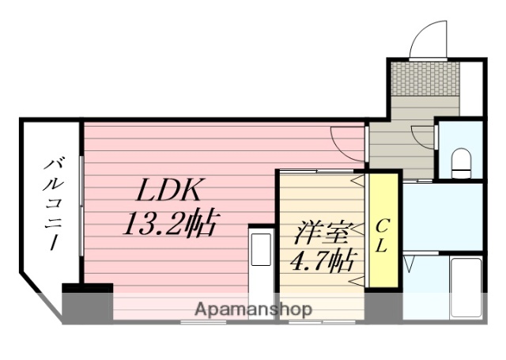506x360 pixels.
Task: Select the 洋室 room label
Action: [x=319, y=234]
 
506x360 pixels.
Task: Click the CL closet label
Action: [x=382, y=234]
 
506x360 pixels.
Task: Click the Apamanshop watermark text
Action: [x=253, y=309]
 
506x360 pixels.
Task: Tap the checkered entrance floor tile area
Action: [x=425, y=78]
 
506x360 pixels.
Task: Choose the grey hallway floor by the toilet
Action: [x=399, y=146]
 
